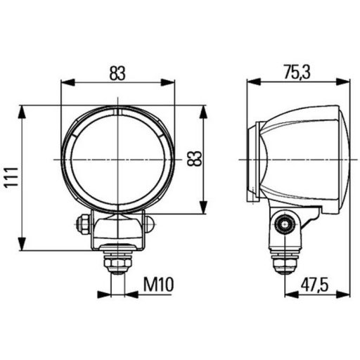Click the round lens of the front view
click(x=117, y=158)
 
